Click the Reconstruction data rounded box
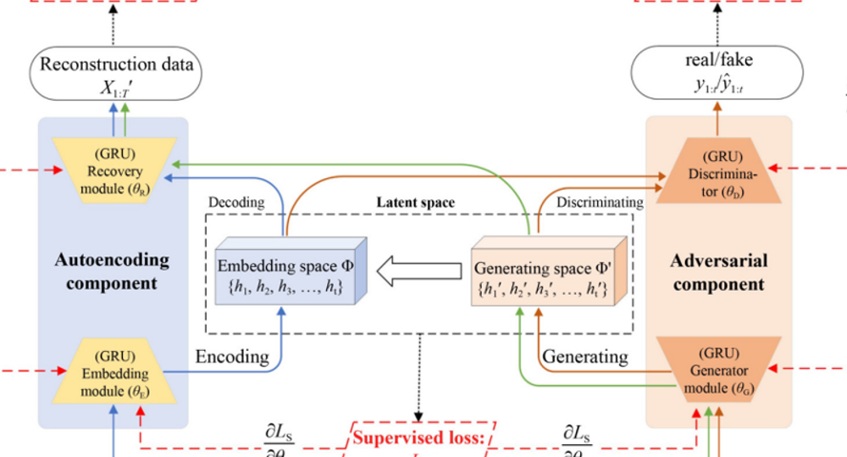(117, 74)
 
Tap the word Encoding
(232, 357)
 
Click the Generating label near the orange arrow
(585, 357)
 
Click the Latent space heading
(415, 203)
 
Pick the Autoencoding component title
(113, 271)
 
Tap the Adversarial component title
(718, 272)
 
